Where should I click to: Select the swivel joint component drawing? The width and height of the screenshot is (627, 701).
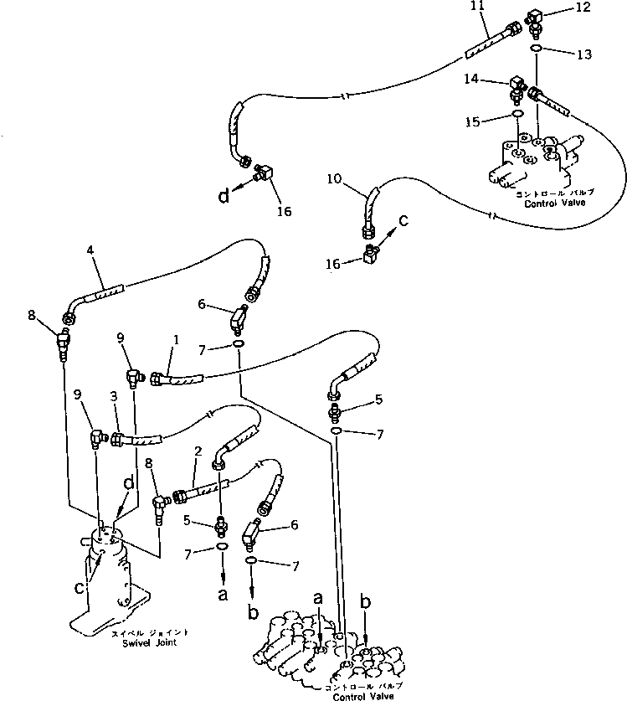pos(111,578)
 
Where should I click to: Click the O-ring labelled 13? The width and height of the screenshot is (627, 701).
pos(536,49)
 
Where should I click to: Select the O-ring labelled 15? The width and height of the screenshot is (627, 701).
pos(517,114)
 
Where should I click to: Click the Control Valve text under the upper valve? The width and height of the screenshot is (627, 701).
pos(552,204)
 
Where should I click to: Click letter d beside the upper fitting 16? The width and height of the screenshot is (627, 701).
pos(224,196)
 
